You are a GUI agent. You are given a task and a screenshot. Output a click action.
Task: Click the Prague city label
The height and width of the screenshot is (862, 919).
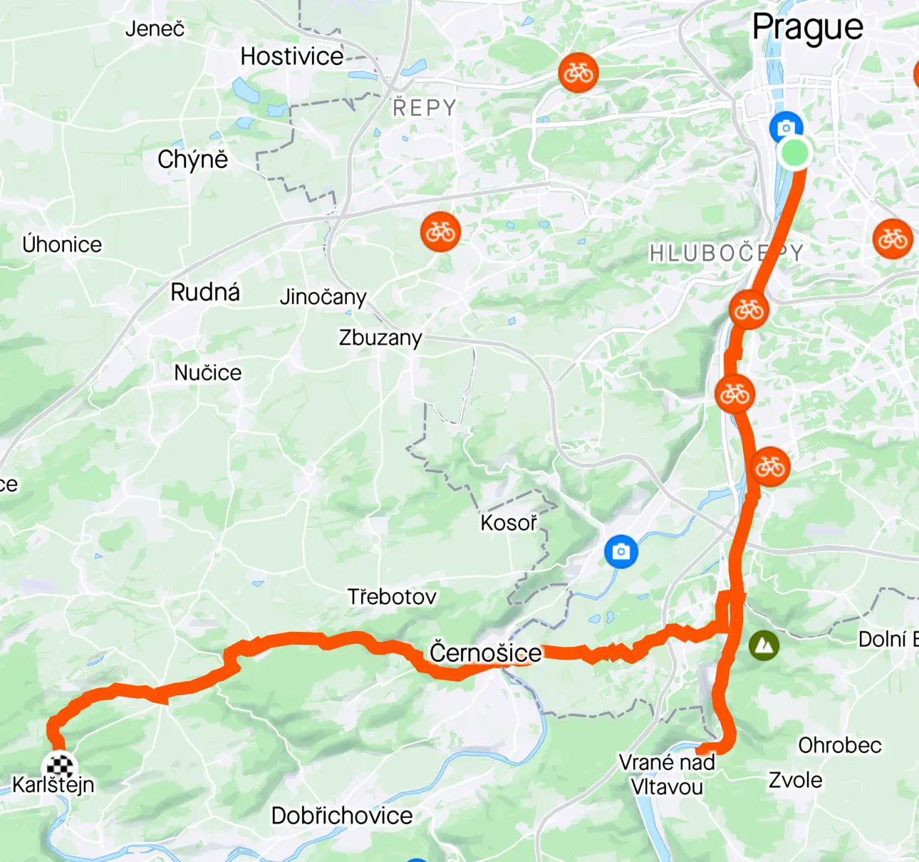(807, 28)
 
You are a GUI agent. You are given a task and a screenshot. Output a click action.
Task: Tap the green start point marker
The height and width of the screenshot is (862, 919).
(794, 152)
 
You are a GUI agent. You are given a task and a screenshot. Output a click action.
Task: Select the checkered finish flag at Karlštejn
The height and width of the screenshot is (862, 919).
(59, 767)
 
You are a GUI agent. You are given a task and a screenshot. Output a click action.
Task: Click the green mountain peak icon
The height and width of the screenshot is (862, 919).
(764, 645)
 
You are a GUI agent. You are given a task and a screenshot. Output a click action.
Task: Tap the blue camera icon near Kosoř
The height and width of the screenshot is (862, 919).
(621, 551)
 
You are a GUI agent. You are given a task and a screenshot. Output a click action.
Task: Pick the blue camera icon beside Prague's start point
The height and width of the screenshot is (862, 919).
(786, 128)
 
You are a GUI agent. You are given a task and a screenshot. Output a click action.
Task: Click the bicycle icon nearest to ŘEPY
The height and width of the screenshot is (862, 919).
(578, 73)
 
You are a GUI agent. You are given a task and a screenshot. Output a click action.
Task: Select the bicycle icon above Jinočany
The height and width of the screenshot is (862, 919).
(440, 232)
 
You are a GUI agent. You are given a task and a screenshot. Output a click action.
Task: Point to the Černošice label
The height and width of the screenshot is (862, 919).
(485, 653)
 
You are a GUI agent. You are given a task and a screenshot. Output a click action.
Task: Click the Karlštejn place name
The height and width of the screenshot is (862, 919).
(53, 785)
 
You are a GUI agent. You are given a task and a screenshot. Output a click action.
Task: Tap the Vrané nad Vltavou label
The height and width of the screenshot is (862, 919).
(667, 774)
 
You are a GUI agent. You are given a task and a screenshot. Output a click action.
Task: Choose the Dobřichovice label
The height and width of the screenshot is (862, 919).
(342, 816)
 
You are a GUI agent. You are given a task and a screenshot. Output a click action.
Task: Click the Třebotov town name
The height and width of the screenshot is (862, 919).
(392, 596)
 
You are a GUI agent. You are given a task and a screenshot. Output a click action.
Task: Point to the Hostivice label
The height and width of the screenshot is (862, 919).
(292, 56)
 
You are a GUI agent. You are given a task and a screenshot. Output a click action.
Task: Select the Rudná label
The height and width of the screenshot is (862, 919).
(205, 292)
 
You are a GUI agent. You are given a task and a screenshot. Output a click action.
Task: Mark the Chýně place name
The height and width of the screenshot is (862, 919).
(192, 160)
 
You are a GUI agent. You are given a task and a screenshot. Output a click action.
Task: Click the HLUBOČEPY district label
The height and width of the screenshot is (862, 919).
(726, 253)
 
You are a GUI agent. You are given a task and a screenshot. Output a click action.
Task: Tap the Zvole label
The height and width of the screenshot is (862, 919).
(795, 780)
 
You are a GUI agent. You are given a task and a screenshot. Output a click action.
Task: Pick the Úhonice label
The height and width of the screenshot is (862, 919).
(62, 244)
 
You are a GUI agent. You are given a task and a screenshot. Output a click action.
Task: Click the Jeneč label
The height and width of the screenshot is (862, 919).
(155, 28)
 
